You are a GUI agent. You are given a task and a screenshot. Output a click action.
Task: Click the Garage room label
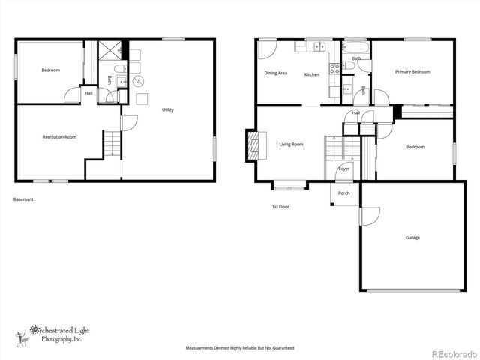click(x=412, y=238)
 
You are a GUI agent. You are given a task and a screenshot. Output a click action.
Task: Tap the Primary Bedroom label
click(x=412, y=72)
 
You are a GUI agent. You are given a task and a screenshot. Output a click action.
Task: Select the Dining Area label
click(x=276, y=73)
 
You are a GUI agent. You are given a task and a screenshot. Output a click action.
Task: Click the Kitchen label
click(x=312, y=75)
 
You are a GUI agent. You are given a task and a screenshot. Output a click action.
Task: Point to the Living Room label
click(x=291, y=145)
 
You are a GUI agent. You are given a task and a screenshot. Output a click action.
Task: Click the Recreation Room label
click(x=59, y=137)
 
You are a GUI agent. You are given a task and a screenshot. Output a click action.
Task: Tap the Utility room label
click(x=168, y=110)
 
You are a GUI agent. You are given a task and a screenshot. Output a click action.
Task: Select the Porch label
click(x=343, y=193)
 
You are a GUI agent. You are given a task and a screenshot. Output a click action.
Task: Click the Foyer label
click(x=343, y=169)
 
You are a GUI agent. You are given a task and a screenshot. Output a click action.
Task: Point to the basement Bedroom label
click(x=50, y=70)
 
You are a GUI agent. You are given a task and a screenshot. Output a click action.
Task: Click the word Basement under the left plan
click(x=23, y=199)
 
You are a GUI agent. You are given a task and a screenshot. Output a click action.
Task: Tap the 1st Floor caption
click(x=280, y=206)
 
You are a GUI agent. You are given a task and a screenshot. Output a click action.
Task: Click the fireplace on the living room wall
click(x=253, y=145)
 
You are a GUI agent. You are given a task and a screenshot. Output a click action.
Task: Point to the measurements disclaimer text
click(x=239, y=349)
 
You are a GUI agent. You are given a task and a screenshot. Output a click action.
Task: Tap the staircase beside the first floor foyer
click(x=333, y=152)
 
